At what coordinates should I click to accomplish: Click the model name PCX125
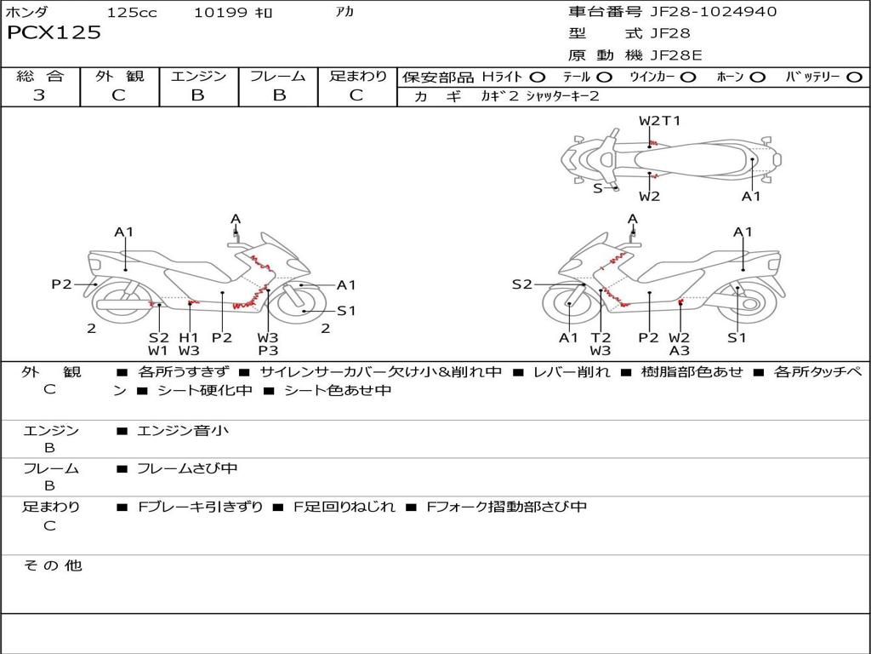click(54, 33)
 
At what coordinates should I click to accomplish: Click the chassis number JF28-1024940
click(701, 12)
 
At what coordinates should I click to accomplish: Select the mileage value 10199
click(220, 13)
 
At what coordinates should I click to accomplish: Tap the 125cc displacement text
click(132, 13)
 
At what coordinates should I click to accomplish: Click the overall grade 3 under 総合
click(39, 95)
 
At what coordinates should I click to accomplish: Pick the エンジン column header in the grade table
click(198, 76)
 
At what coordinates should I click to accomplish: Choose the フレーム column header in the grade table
click(278, 76)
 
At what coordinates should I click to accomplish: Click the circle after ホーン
click(757, 77)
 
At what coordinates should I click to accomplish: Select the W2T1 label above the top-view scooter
click(659, 121)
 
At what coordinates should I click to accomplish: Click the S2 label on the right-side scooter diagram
click(521, 284)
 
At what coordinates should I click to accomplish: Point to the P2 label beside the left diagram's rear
click(61, 284)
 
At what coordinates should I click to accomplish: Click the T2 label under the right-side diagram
click(601, 337)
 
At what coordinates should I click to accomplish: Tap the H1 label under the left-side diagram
click(189, 337)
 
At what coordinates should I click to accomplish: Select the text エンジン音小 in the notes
click(183, 431)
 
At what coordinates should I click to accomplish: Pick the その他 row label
click(52, 565)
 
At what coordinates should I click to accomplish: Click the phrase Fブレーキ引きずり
click(201, 507)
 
